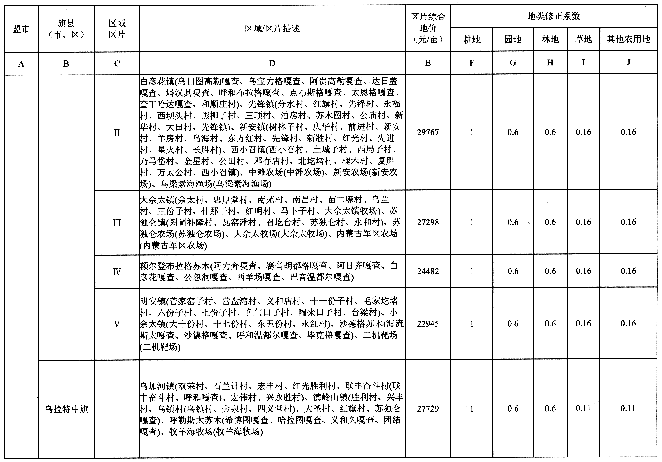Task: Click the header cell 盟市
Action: click(21, 29)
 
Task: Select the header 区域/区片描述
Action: click(272, 29)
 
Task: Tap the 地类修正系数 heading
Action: click(554, 16)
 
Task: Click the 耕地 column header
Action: click(472, 39)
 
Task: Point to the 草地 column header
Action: click(583, 39)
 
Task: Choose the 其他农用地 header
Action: click(628, 39)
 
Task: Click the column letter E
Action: click(428, 63)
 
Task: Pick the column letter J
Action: click(628, 62)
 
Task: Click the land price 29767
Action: click(428, 132)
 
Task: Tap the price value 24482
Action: click(428, 271)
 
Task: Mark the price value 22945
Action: click(428, 324)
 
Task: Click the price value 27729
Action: click(428, 409)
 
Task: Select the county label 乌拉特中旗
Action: click(66, 409)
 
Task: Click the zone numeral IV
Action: click(117, 272)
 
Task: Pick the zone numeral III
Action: click(117, 223)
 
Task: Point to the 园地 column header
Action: click(513, 39)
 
